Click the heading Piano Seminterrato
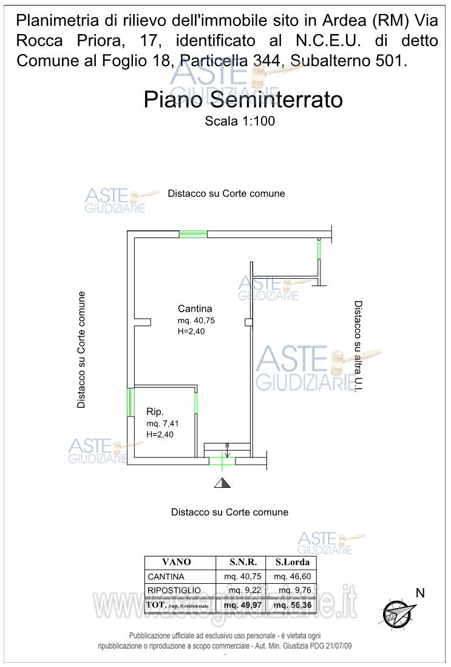(243, 99)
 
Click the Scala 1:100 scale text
(240, 121)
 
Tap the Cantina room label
(195, 308)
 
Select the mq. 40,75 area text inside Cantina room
(197, 320)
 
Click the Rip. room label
(155, 411)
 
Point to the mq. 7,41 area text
(162, 423)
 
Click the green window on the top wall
(193, 234)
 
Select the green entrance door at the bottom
(222, 461)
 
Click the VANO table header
(177, 562)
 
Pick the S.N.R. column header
(243, 562)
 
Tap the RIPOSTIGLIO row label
(174, 590)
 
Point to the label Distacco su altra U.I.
(358, 346)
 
